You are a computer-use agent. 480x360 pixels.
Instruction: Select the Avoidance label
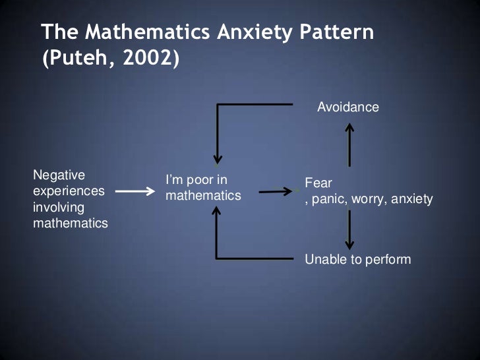pos(348,107)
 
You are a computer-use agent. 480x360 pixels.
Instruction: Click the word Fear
pos(318,183)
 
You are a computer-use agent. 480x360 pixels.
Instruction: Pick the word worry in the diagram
pos(370,198)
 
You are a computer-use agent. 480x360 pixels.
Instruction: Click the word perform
pos(388,259)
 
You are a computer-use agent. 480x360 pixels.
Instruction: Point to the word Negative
pos(59,175)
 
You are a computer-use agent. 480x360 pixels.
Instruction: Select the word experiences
pos(69,191)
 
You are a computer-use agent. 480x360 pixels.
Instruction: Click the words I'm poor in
pos(196,180)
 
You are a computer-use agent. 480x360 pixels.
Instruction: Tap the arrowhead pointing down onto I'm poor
pos(217,160)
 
